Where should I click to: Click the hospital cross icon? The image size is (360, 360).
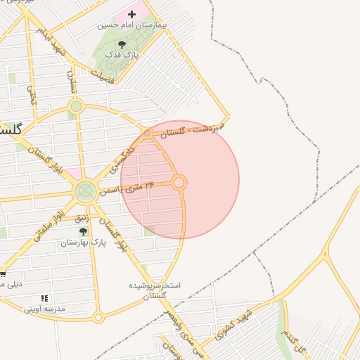pos(131,14)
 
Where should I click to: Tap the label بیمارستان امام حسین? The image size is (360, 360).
pos(133,25)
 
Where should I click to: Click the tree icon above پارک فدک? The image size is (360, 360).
pos(122,44)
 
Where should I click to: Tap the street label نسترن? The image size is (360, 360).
pos(71,83)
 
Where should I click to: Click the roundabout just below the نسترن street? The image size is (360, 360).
pos(76,107)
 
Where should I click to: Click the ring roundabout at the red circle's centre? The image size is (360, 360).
pos(179,183)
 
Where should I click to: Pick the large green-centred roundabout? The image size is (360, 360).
pos(85,190)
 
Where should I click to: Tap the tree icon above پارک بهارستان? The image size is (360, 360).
pos(83,231)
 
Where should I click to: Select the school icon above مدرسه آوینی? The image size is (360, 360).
pos(45,298)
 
